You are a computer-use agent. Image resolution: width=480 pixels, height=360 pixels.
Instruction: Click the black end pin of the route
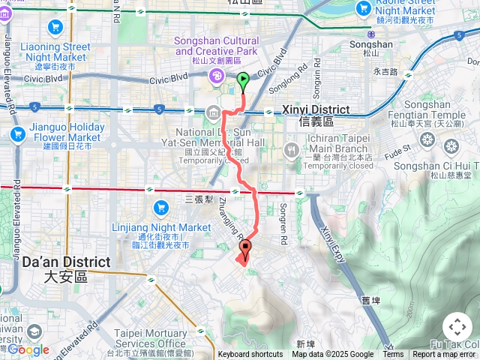[245, 250]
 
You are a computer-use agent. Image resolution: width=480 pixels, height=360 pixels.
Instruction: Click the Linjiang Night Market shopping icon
[160, 207]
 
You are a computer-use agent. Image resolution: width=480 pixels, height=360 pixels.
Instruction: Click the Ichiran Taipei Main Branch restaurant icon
[292, 151]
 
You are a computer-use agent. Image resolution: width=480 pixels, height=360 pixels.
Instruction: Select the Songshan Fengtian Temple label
[435, 111]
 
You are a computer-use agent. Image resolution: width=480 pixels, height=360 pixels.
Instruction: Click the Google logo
[28, 349]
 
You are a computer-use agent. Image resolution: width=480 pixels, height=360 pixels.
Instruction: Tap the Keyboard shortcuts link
[250, 355]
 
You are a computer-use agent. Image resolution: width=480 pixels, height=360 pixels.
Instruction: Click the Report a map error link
[444, 355]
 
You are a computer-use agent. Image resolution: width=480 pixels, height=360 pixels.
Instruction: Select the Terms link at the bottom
[393, 355]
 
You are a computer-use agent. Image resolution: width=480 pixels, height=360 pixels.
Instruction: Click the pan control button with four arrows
[457, 327]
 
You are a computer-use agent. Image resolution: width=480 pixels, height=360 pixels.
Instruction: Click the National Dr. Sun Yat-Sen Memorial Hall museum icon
[213, 114]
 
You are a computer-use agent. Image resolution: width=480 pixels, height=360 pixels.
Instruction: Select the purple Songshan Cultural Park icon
[216, 75]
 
